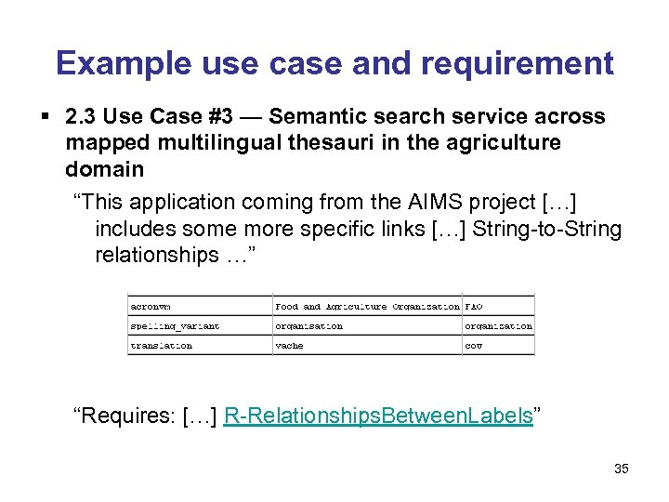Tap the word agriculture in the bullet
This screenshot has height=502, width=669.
pos(507,143)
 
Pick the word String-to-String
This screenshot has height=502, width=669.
pos(547,229)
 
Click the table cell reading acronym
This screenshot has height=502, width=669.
pos(151,306)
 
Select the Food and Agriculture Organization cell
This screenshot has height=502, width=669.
pos(367,306)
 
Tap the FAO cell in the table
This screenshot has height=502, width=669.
pos(474,306)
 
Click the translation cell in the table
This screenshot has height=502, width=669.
pos(162,346)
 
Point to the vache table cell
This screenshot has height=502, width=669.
pos(289,346)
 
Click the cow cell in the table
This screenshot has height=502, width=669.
pos(474,346)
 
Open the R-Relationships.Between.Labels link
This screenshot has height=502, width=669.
pos(378,416)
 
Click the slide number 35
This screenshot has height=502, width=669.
pos(622,469)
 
